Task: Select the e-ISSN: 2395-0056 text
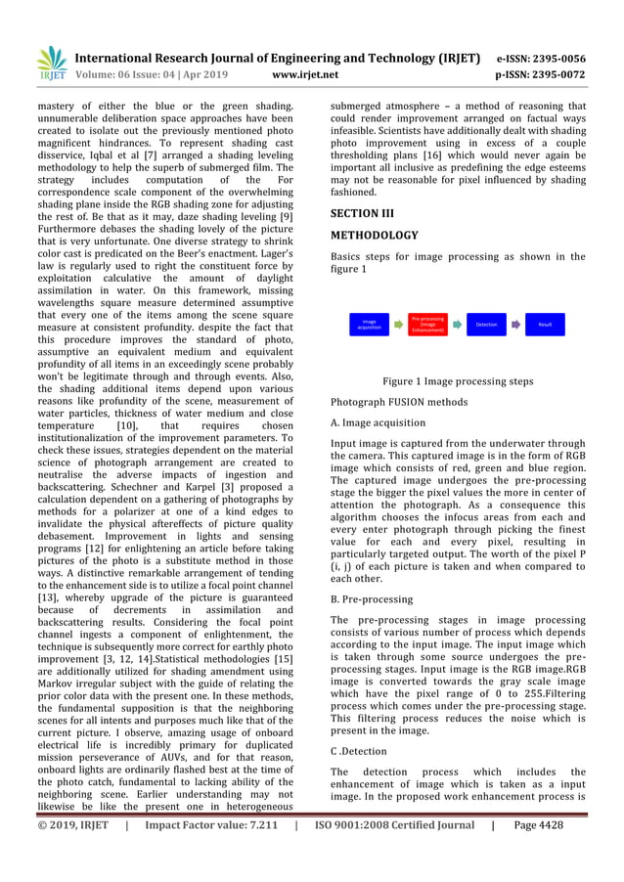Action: coord(541,58)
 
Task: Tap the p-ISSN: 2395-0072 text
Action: coord(541,74)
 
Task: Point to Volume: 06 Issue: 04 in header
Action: coord(136,74)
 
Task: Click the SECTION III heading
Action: coord(363,213)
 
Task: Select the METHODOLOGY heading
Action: coord(375,236)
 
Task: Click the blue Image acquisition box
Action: coord(369,324)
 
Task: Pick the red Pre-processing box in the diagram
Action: coord(428,324)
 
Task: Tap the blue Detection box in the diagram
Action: coord(486,324)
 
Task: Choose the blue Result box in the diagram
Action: coord(545,324)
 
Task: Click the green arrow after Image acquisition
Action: coord(399,324)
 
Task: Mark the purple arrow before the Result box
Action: coord(515,324)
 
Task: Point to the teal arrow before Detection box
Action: coord(457,324)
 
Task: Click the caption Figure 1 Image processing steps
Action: coord(458,381)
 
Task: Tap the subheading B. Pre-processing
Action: coord(372,599)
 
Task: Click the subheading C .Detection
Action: coord(359,751)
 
